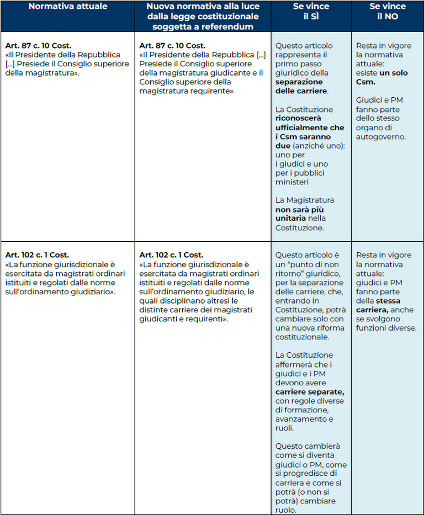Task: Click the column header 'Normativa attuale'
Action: (x=68, y=7)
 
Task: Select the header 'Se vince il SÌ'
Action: (x=311, y=12)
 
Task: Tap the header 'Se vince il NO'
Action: (x=387, y=12)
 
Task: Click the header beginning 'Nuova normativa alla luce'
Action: (x=203, y=17)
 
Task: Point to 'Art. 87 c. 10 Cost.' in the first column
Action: (x=38, y=46)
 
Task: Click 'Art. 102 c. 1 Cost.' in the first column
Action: (x=37, y=255)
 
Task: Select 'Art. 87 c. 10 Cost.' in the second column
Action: (x=172, y=46)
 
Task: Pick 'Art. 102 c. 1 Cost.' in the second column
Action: (x=171, y=255)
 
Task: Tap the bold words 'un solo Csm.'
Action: (x=381, y=77)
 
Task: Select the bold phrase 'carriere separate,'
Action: (x=309, y=392)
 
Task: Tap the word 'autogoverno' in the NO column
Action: (x=381, y=136)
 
